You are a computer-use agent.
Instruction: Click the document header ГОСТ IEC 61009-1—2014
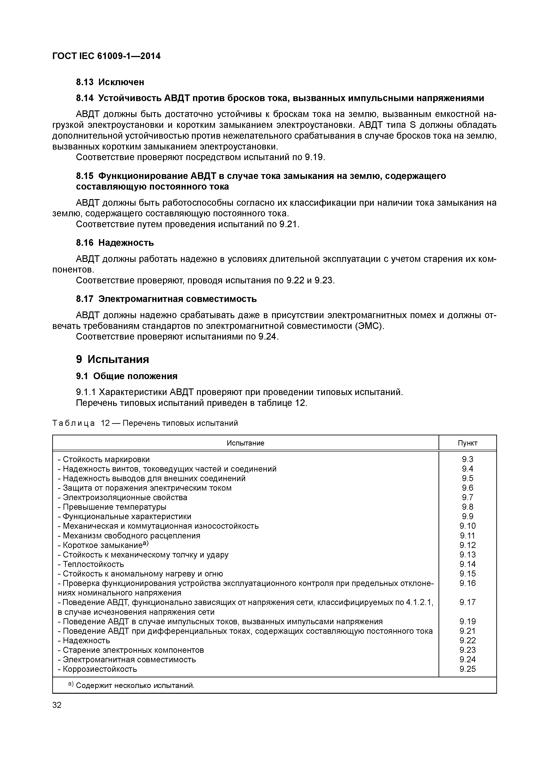pos(106,56)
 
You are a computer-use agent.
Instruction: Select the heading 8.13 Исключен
pos(110,82)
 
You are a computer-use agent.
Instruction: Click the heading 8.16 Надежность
pos(115,243)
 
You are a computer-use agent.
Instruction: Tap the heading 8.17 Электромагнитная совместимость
pos(166,299)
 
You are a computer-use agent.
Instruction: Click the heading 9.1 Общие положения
pos(126,376)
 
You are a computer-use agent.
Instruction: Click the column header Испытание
pos(245,443)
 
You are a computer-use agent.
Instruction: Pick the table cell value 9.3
pos(468,459)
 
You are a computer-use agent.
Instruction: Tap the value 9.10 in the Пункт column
pos(468,526)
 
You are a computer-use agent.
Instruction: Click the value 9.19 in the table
pos(468,622)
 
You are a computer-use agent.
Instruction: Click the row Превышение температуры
pos(114,507)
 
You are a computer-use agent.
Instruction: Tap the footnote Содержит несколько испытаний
pos(135,686)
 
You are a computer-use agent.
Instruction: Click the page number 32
pos(57,705)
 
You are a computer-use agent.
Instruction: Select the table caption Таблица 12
pos(145,423)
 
